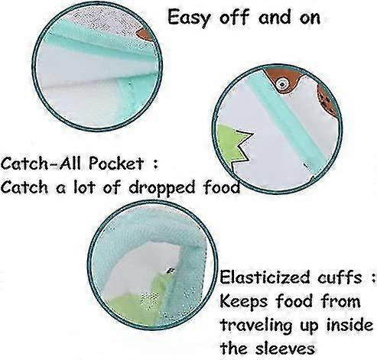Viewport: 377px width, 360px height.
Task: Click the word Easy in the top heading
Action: coord(190,18)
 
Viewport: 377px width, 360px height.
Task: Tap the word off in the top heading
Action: coord(234,17)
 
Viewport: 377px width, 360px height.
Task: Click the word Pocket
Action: coord(116,164)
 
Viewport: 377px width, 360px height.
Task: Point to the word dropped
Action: coord(163,188)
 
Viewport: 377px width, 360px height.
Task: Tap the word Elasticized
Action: coord(265,277)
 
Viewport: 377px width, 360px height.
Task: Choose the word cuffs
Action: coord(340,277)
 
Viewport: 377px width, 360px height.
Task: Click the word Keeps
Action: coord(243,301)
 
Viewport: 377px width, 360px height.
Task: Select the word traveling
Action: coord(256,326)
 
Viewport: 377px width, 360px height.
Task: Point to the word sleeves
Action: coord(285,348)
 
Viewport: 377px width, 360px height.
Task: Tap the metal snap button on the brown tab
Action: coord(282,83)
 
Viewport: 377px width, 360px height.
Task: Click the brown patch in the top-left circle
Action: coord(145,34)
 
